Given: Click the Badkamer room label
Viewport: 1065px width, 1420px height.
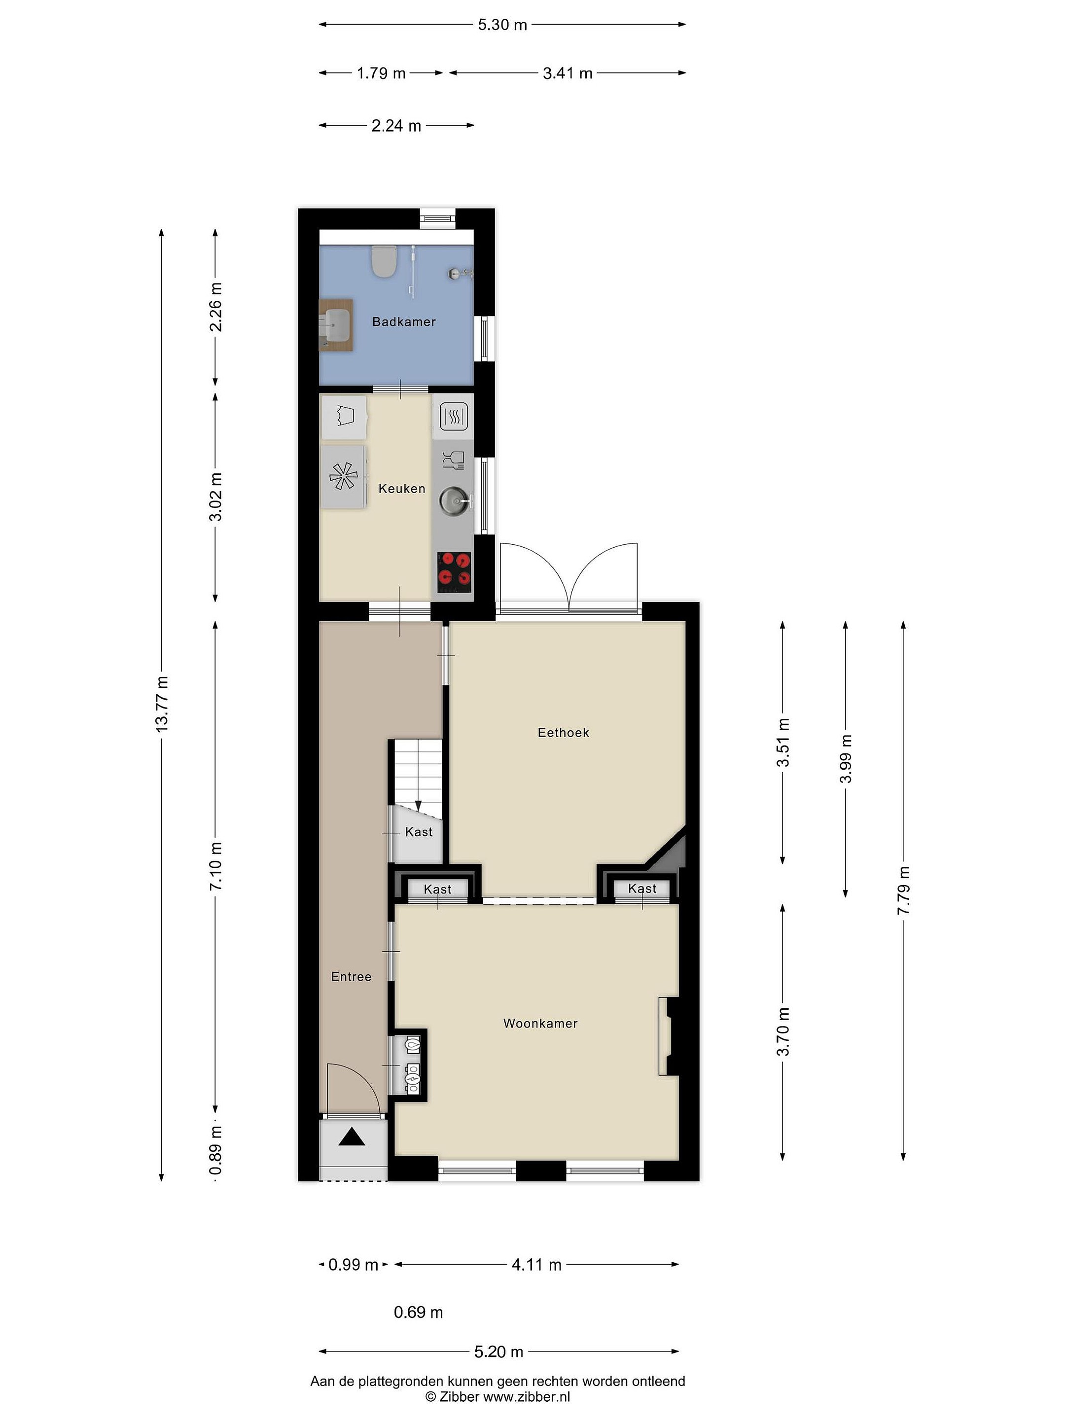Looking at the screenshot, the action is click(404, 321).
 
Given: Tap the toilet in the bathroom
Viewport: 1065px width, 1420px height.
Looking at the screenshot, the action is click(385, 262).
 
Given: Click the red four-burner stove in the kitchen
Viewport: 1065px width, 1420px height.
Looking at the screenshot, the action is click(454, 572).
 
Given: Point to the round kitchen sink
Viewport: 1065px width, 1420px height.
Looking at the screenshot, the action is click(455, 500).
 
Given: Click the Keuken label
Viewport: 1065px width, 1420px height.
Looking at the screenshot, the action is click(402, 489).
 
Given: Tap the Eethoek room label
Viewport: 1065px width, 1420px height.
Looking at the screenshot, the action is click(563, 733).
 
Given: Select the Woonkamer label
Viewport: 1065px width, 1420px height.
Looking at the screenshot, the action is click(540, 1023).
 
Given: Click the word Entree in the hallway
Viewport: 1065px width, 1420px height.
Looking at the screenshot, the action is click(351, 976).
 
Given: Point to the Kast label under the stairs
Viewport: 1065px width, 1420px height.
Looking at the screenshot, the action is click(419, 832).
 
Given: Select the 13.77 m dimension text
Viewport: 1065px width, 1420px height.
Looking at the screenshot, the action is click(162, 704).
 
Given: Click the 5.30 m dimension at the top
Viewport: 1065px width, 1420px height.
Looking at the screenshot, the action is click(502, 25).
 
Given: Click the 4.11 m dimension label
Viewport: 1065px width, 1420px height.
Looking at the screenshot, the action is click(536, 1265).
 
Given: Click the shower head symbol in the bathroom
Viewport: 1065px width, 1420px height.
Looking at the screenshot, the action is click(460, 274).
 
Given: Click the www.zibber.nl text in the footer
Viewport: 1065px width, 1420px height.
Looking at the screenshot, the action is click(527, 1396).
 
